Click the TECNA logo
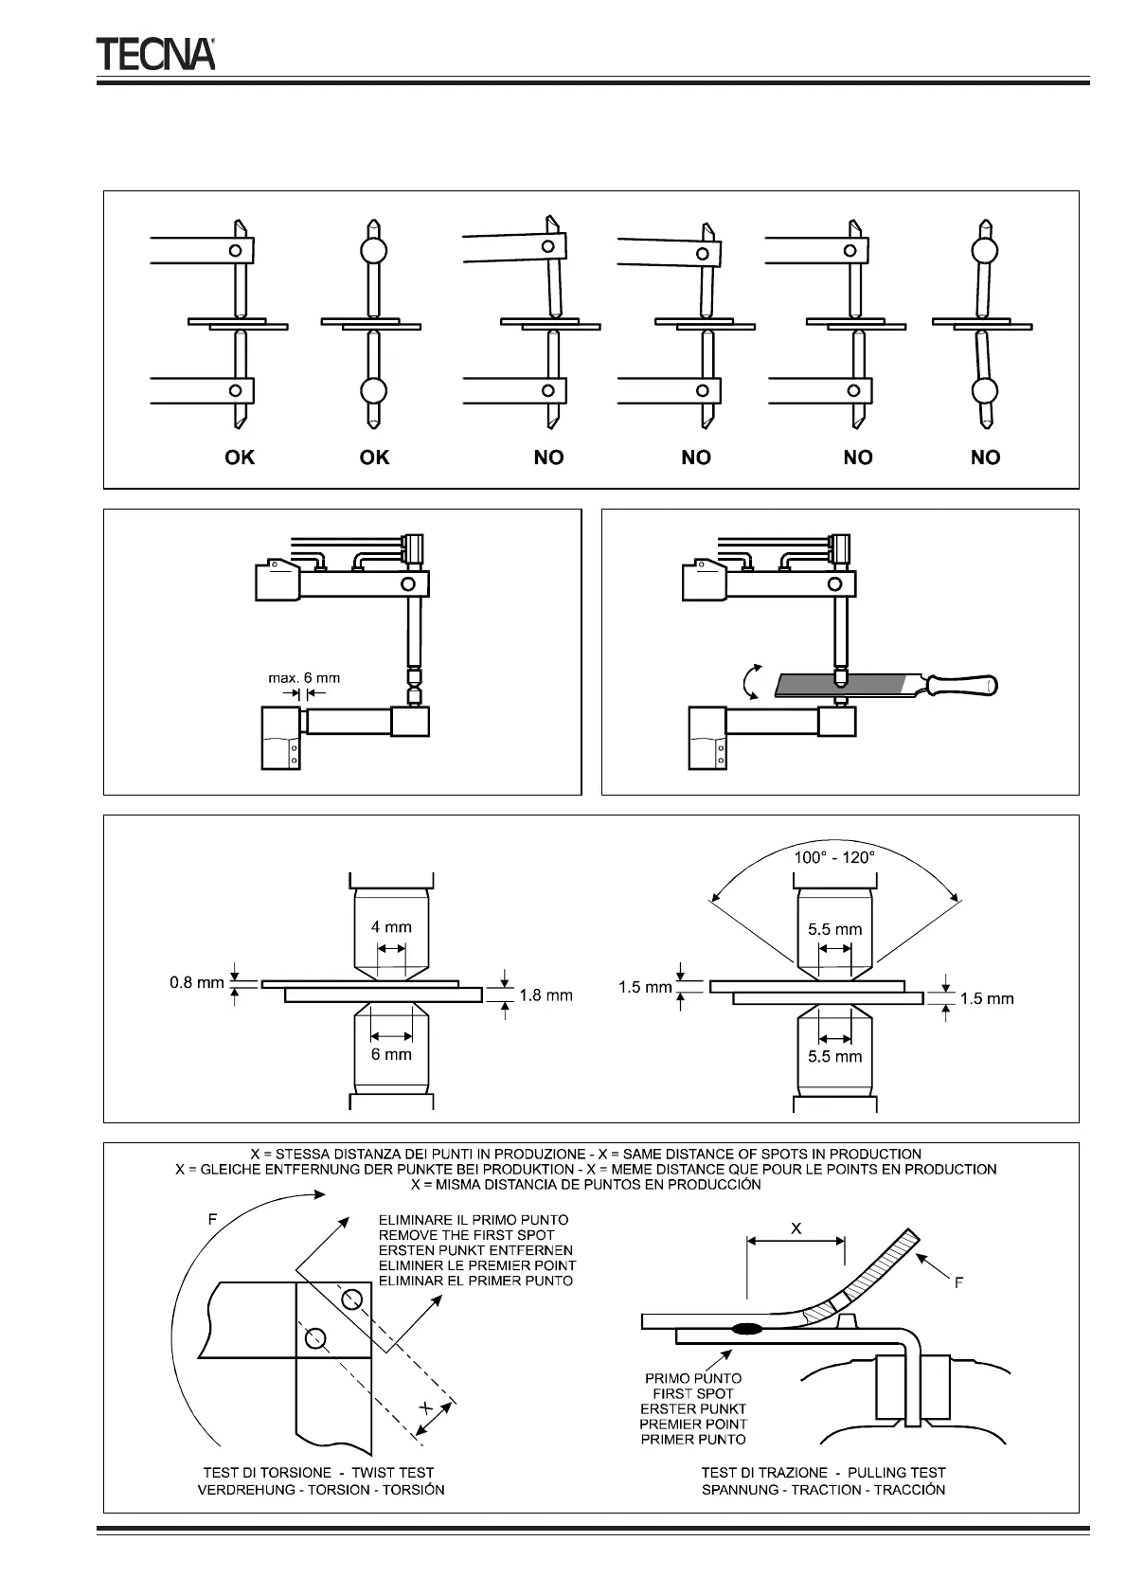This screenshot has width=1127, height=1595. (x=155, y=54)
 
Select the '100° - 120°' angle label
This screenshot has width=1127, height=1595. (x=834, y=856)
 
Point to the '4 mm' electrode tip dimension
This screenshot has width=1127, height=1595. (x=391, y=927)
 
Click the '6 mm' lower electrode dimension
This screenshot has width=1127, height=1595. (x=391, y=1053)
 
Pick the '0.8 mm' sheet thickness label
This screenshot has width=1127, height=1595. (x=196, y=982)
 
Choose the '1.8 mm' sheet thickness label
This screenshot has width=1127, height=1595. (x=546, y=995)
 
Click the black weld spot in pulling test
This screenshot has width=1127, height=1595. (x=747, y=1329)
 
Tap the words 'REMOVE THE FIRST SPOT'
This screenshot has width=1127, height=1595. (x=466, y=1235)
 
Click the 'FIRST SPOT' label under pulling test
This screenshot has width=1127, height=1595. (x=693, y=1394)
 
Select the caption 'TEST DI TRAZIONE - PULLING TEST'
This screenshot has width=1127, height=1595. (x=823, y=1473)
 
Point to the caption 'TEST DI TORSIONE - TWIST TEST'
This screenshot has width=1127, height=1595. (x=318, y=1473)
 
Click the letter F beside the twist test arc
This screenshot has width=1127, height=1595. (x=212, y=1220)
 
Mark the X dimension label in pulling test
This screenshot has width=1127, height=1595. (x=796, y=1228)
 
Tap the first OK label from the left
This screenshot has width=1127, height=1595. (x=240, y=457)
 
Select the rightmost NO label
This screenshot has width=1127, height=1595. (x=985, y=457)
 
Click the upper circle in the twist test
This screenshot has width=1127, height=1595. (x=352, y=1298)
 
